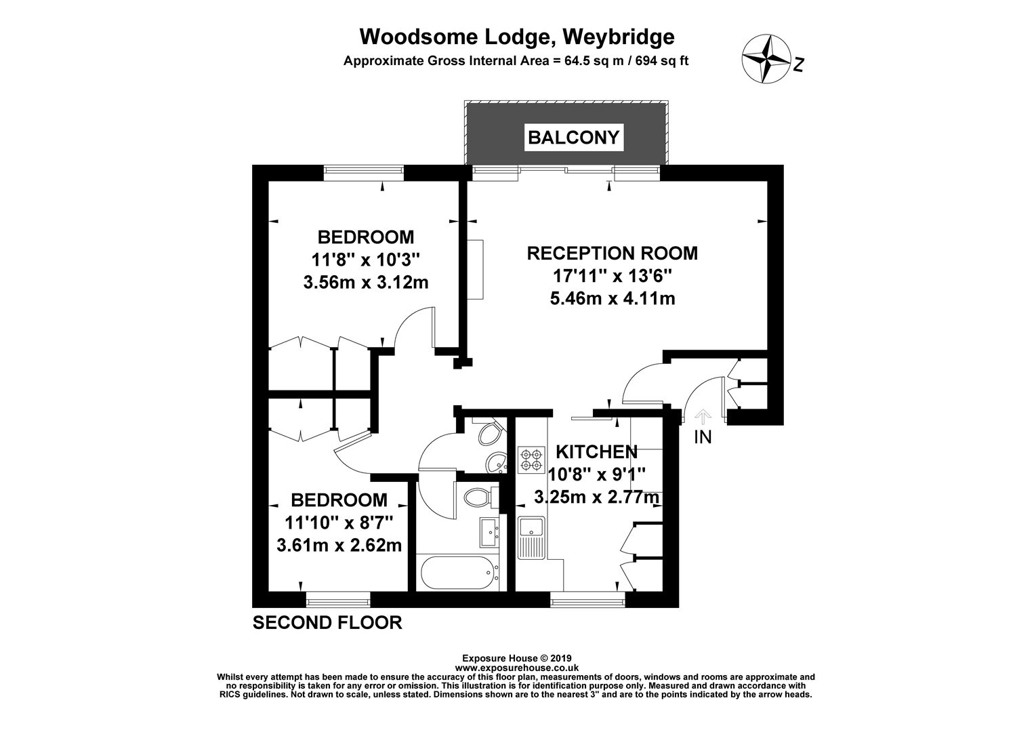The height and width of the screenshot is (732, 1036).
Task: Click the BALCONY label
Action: pyautogui.click(x=573, y=138)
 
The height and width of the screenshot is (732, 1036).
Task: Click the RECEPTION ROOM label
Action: pyautogui.click(x=612, y=253)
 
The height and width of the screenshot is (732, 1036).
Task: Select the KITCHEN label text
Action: pyautogui.click(x=596, y=452)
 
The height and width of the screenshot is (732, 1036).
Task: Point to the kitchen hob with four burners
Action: pyautogui.click(x=531, y=460)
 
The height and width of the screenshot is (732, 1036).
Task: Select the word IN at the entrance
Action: pyautogui.click(x=703, y=438)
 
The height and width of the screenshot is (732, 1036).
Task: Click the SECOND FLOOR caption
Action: pyautogui.click(x=327, y=622)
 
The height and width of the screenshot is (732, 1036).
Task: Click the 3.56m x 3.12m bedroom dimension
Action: pyautogui.click(x=366, y=282)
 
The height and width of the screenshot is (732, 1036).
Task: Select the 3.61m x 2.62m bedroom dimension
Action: pyautogui.click(x=339, y=544)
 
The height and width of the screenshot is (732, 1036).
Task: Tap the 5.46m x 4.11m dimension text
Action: pyautogui.click(x=612, y=298)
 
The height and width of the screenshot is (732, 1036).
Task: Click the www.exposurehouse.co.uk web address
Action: pyautogui.click(x=516, y=668)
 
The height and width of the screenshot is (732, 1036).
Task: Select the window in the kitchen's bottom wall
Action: pyautogui.click(x=587, y=599)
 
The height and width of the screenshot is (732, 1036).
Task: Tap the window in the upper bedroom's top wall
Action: pyautogui.click(x=363, y=173)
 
